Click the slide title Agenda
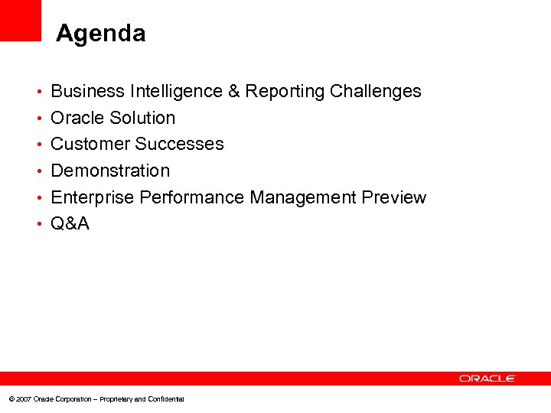click(x=100, y=34)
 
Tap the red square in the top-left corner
click(x=21, y=20)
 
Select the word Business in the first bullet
click(x=87, y=92)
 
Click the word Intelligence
click(x=176, y=92)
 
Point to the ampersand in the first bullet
click(x=235, y=92)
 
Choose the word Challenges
click(x=376, y=92)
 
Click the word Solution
click(x=143, y=118)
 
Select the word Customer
click(x=90, y=144)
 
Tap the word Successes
click(x=180, y=144)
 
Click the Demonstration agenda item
click(x=110, y=171)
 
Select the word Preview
click(x=394, y=197)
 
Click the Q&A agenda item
click(x=70, y=223)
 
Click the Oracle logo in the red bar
click(x=487, y=379)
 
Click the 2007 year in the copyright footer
click(x=23, y=399)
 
